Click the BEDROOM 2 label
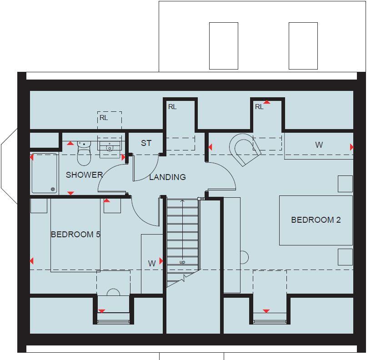pos(316,220)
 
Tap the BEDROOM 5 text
pos(75,235)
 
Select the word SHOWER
pos(84,175)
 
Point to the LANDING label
pos(167,177)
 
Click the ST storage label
pos(146,143)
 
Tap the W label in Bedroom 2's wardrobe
pos(319,145)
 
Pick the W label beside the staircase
pos(152,263)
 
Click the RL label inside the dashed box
pos(104,118)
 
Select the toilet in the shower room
pos(84,154)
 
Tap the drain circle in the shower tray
pos(53,189)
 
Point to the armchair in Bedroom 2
pos(245,150)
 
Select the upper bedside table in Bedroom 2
pos(345,184)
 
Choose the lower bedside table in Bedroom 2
pos(345,257)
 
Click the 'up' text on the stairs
pos(182,262)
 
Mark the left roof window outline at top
pos(223,46)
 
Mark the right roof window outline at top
pos(303,46)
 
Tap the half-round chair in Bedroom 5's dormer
pos(113,292)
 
